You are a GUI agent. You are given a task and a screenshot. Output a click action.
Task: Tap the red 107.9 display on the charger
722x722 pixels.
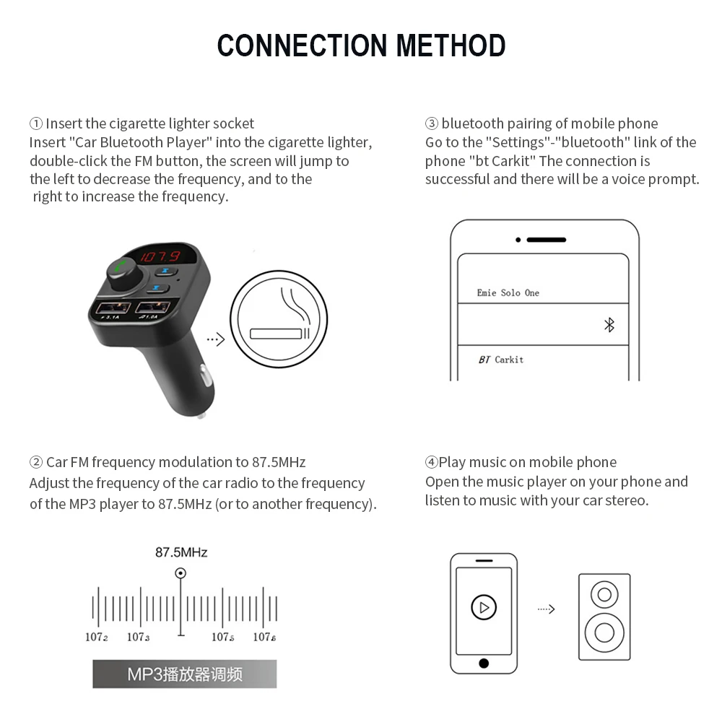(x=160, y=256)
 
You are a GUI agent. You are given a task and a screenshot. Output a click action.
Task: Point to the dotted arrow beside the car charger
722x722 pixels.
(x=215, y=339)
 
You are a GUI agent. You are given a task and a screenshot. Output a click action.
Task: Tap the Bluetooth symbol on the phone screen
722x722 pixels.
(x=609, y=324)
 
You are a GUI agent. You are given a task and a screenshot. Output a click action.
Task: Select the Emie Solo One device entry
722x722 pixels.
(x=508, y=292)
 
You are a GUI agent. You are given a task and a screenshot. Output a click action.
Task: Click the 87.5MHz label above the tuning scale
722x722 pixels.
(x=181, y=552)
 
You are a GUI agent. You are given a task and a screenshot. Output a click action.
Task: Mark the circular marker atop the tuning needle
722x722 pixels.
(x=180, y=573)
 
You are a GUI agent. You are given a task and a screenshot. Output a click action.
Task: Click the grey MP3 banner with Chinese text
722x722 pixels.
(x=184, y=674)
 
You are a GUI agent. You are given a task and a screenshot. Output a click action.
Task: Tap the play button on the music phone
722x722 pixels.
(x=483, y=606)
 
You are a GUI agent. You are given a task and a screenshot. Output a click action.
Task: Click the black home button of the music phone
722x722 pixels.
(x=483, y=663)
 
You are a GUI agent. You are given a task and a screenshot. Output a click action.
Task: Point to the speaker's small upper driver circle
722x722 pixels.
(x=604, y=595)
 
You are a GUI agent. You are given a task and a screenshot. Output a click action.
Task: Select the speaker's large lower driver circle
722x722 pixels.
(x=604, y=632)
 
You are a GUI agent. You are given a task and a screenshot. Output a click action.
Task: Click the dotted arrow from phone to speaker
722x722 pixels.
(x=547, y=609)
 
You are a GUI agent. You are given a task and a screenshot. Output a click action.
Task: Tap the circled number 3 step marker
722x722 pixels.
(x=432, y=123)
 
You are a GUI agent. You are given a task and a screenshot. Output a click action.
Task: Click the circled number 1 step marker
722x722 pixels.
(x=36, y=123)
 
